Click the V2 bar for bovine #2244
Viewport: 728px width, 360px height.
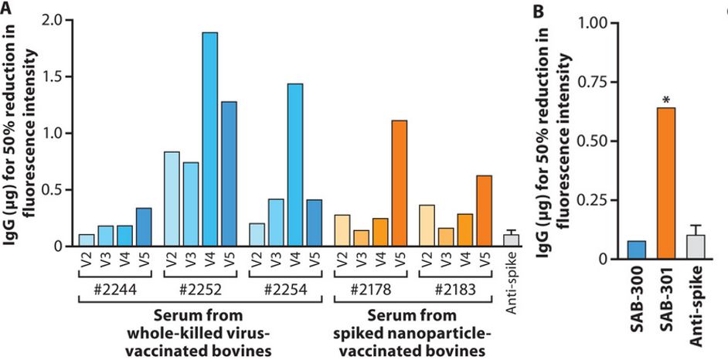click(87, 240)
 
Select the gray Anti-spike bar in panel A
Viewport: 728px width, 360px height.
click(511, 240)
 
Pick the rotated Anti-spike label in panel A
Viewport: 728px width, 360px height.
click(511, 286)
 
